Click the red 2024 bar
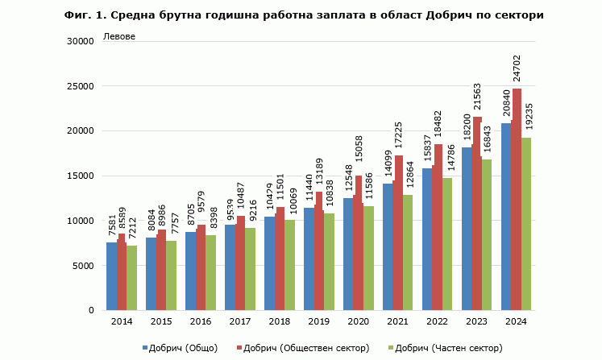click(517, 200)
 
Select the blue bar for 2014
click(111, 276)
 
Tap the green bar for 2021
click(408, 253)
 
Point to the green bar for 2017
click(250, 269)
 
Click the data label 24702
click(517, 69)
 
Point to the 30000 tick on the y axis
click(80, 41)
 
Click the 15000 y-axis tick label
click(80, 176)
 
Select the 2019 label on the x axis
click(319, 322)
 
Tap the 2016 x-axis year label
click(201, 322)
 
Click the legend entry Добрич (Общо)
click(181, 348)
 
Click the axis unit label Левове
click(119, 37)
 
